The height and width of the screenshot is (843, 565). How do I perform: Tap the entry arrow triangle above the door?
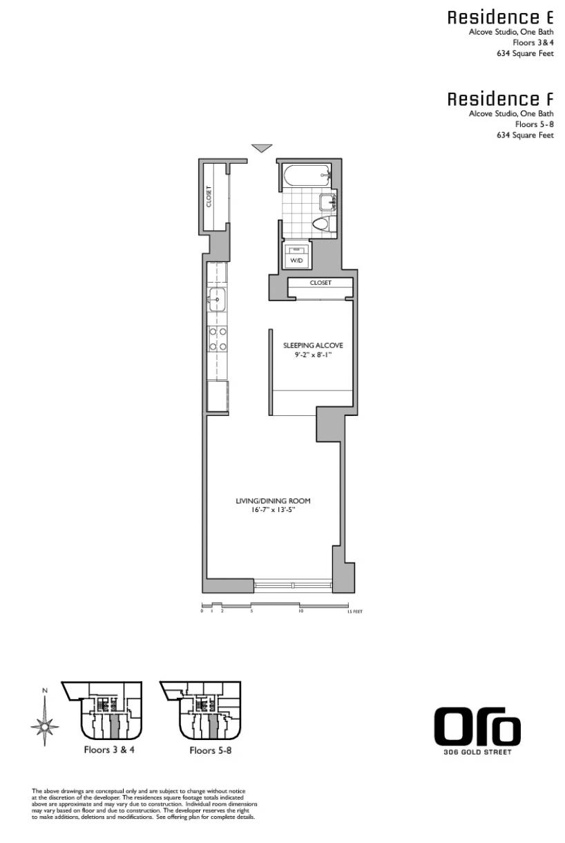261,148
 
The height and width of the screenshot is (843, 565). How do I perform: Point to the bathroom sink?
327,202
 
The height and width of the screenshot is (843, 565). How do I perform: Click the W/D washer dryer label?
296,261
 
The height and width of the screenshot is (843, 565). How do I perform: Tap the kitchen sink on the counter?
217,301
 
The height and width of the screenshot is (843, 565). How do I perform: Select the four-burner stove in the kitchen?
218,338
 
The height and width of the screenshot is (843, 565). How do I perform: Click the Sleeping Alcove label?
313,345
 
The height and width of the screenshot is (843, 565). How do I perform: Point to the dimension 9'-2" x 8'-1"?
313,355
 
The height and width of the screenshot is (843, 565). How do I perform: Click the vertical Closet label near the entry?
209,196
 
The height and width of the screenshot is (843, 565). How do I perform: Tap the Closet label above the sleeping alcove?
320,283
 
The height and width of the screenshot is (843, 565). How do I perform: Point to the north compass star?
45,726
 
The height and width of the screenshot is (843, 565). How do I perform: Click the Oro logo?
477,727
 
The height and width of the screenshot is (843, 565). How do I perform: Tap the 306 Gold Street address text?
477,752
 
